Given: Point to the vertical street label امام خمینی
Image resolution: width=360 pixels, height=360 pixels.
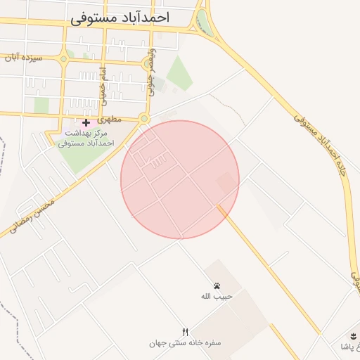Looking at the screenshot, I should pyautogui.click(x=103, y=83).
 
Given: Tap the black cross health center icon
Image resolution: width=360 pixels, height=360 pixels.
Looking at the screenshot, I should pyautogui.click(x=86, y=122).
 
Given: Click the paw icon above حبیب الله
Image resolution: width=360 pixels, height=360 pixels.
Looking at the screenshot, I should pyautogui.click(x=217, y=285).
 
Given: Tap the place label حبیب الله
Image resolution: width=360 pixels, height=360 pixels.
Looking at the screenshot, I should pyautogui.click(x=217, y=296).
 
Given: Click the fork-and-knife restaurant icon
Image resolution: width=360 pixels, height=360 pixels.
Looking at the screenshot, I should pyautogui.click(x=186, y=332).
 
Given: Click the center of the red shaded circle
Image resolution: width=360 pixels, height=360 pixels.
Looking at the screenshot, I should pyautogui.click(x=180, y=179).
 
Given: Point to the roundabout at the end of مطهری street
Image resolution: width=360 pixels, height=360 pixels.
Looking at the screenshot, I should pyautogui.click(x=143, y=119).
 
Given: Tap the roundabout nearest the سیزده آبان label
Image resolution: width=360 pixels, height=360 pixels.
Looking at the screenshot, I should pyautogui.click(x=64, y=58).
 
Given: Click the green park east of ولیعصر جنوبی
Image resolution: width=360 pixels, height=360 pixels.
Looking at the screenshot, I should pyautogui.click(x=179, y=73).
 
